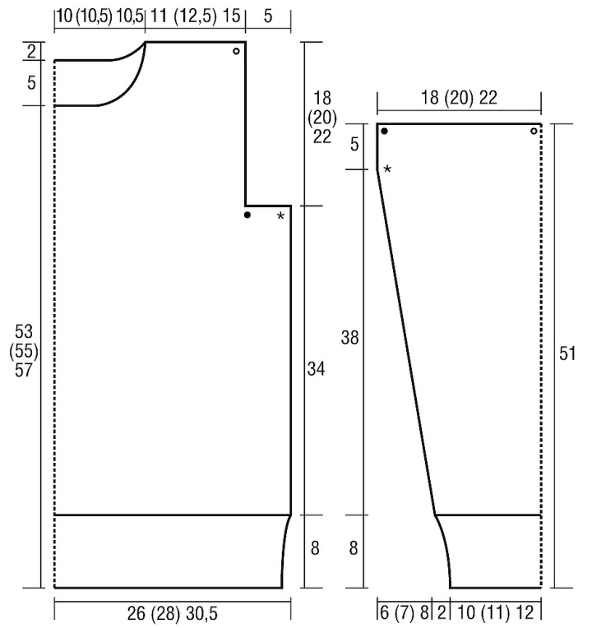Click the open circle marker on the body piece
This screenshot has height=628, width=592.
pos(236,51)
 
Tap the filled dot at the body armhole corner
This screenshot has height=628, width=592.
pos(247,215)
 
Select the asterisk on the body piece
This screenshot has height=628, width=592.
pos(280,216)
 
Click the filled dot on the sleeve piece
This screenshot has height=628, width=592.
pos(384,131)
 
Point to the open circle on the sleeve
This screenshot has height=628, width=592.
pos(534,131)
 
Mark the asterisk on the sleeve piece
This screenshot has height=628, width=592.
pos(387,169)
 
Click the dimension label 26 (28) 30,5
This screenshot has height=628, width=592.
pos(172,613)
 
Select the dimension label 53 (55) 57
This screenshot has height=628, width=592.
pos(24,351)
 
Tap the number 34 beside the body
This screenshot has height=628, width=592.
pos(316,368)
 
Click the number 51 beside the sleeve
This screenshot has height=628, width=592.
pos(567,353)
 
